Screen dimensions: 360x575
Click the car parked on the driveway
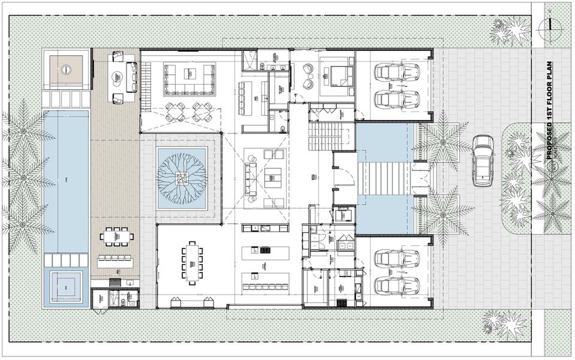[483, 160]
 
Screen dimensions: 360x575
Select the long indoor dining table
[192, 261]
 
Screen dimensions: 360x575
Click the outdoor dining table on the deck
[118, 237]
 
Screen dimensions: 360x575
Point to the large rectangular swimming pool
[66, 180]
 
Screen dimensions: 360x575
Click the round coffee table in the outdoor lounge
[118, 76]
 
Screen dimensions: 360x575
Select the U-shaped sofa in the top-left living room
[189, 79]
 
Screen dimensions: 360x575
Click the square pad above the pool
[66, 69]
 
